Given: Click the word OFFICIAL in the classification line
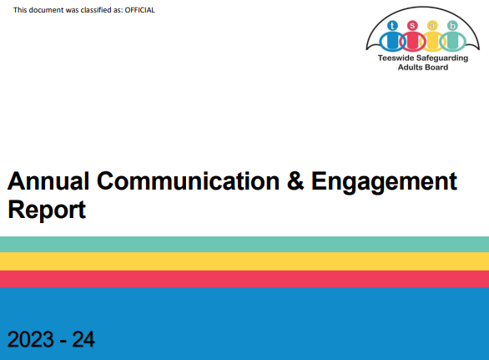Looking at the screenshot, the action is (139, 10).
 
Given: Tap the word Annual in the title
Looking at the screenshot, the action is (48, 180).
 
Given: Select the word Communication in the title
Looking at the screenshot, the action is (188, 180).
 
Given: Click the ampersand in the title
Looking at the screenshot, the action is (295, 180).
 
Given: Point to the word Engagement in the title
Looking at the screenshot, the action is (384, 182).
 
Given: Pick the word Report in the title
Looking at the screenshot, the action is (47, 210).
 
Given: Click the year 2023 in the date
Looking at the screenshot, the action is (30, 339).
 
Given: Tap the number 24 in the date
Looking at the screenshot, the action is (83, 339).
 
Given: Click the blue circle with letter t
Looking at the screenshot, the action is (392, 25).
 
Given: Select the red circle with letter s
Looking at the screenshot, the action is (412, 25).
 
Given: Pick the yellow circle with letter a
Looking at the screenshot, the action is (432, 25).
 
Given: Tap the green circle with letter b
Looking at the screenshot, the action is (452, 25).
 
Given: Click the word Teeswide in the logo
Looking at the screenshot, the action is (396, 58).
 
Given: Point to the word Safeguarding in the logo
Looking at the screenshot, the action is (442, 58).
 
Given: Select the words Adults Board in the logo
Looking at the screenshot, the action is (423, 67).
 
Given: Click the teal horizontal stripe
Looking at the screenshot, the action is (244, 244).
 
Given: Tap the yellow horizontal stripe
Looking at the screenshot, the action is (244, 261).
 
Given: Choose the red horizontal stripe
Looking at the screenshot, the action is (244, 279).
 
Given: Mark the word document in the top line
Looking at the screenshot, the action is (46, 10).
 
